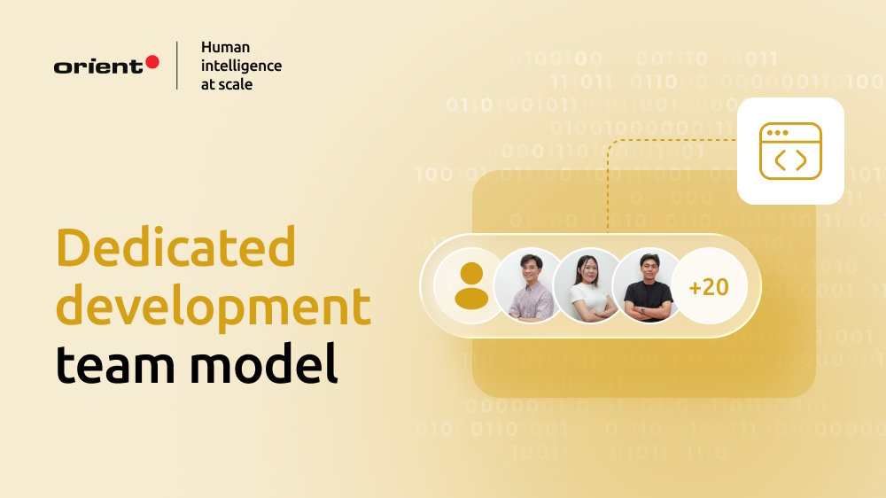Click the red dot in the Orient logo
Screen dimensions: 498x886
[x=152, y=62]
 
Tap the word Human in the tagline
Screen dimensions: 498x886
[x=225, y=47]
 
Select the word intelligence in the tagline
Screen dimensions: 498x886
[x=241, y=66]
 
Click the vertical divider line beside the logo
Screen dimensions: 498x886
[x=176, y=65]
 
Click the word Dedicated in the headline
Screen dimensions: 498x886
[x=175, y=248]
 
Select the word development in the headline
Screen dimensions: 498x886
[x=213, y=306]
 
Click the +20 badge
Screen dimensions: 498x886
[x=709, y=287]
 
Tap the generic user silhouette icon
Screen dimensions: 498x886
[x=470, y=286]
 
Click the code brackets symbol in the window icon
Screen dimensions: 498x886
[x=790, y=160]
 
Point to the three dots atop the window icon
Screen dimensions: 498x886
[x=777, y=133]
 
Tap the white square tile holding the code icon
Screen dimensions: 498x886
[x=790, y=151]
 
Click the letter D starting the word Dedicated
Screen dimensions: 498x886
[x=75, y=248]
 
